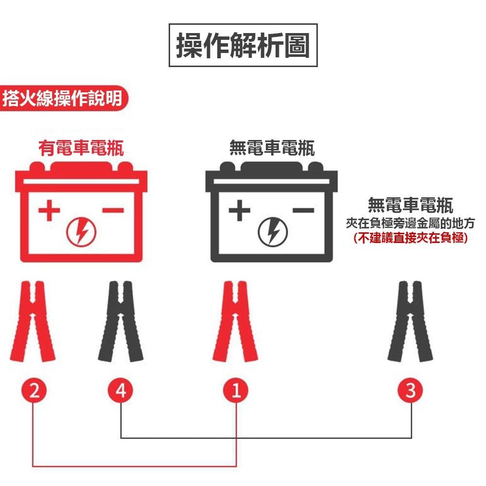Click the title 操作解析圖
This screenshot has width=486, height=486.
click(x=243, y=45)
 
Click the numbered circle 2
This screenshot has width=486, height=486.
click(x=33, y=391)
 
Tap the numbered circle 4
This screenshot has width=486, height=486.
click(x=121, y=391)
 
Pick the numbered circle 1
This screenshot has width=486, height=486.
click(x=236, y=391)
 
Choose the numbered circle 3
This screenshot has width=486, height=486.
click(x=411, y=391)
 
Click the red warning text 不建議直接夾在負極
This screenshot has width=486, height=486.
click(x=411, y=238)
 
